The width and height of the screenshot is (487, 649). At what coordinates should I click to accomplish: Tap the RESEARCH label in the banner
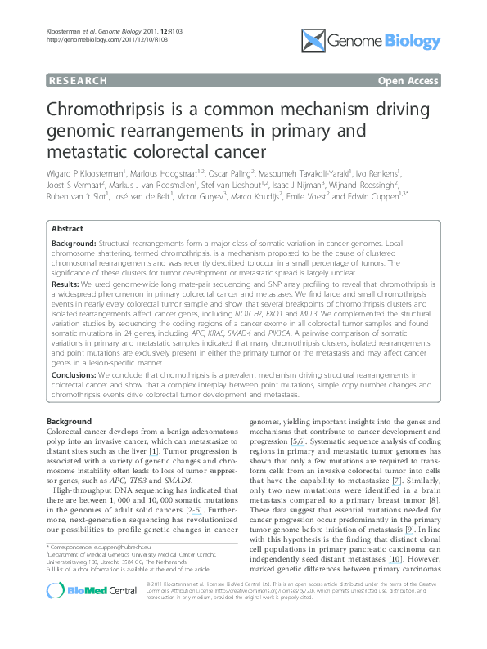click(x=79, y=81)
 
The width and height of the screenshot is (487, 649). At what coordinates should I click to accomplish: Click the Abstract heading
click(x=68, y=231)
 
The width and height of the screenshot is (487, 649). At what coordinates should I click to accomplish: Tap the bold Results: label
click(x=68, y=282)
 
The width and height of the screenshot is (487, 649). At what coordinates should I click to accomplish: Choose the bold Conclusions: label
click(x=78, y=375)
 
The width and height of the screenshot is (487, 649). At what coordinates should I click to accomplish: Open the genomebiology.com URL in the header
click(x=83, y=38)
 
